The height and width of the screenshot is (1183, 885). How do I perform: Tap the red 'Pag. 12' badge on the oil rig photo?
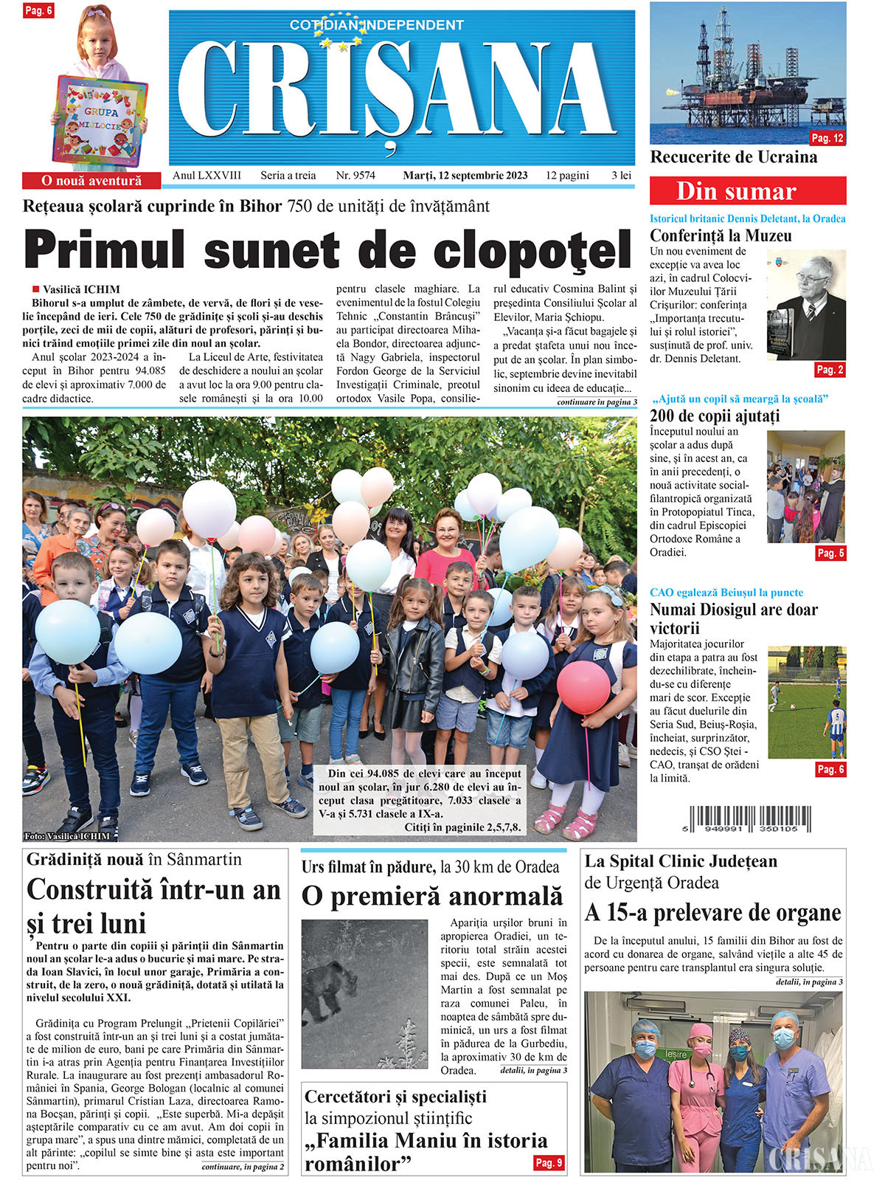coord(827,138)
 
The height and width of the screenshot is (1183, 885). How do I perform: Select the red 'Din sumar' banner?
coord(747,191)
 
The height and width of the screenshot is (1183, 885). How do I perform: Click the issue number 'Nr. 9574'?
coord(355,176)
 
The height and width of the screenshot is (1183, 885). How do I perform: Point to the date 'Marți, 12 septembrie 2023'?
coord(465,176)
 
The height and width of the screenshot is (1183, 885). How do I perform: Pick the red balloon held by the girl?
coord(583,687)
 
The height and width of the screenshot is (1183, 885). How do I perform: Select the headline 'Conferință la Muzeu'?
coord(721,236)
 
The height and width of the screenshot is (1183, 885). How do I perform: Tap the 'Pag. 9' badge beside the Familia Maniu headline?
coord(548,1163)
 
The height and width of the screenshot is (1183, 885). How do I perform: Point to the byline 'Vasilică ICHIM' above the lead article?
coord(81,289)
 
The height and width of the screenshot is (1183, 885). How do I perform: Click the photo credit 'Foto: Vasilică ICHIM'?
coord(67,836)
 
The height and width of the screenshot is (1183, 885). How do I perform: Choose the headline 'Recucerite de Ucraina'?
coord(733,157)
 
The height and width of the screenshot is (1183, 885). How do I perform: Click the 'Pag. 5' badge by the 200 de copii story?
coord(830,553)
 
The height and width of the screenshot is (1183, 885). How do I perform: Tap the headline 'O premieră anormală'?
coord(432,896)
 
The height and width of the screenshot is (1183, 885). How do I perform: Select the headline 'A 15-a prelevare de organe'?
coord(712,913)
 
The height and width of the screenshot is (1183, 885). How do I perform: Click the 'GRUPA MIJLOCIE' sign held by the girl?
coord(98,119)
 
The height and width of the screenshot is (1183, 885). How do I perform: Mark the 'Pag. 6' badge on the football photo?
coord(830,769)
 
